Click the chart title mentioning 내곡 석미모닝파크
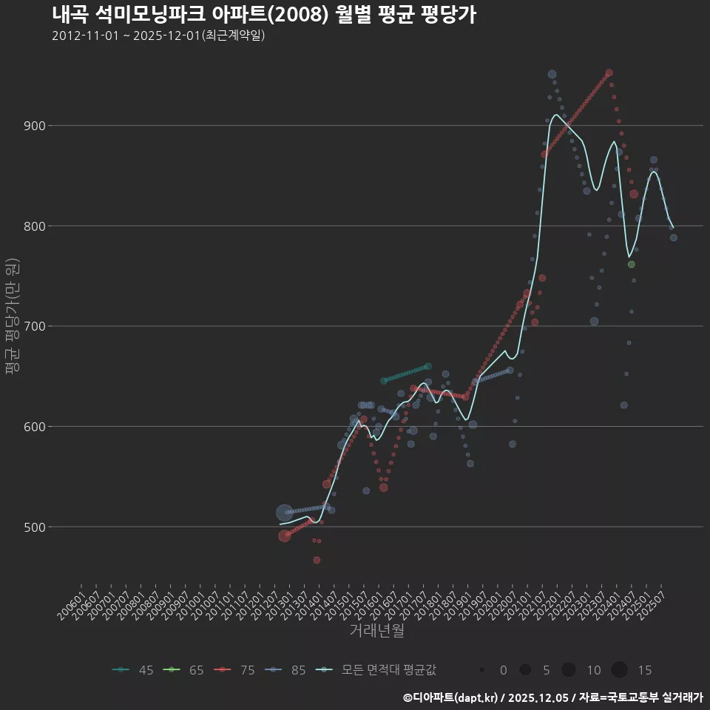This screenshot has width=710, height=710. click(x=263, y=15)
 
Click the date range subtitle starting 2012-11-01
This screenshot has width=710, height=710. click(x=158, y=35)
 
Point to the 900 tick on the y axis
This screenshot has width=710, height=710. click(x=35, y=126)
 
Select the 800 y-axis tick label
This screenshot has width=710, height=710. click(x=35, y=226)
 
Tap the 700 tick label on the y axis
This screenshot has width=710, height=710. click(x=35, y=326)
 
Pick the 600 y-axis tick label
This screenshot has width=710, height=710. click(x=35, y=427)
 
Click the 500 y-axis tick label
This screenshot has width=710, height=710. click(x=35, y=527)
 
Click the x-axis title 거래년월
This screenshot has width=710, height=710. click(x=376, y=631)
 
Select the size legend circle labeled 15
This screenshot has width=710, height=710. click(x=620, y=670)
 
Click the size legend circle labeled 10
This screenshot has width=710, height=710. click(x=569, y=670)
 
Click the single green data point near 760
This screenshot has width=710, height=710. click(x=631, y=265)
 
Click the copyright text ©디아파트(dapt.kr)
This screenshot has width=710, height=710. click(x=451, y=697)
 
